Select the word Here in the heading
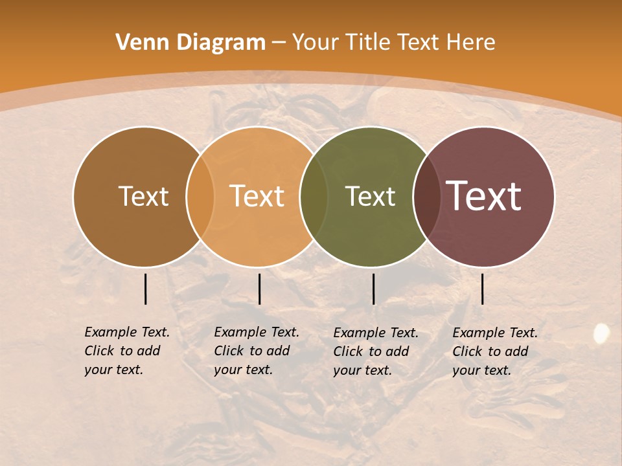click(472, 43)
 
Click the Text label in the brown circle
click(143, 196)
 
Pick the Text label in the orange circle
click(257, 196)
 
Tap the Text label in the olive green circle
click(370, 196)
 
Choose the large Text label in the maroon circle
click(483, 196)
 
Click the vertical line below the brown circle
click(146, 289)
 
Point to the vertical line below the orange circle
click(259, 289)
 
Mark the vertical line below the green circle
click(373, 289)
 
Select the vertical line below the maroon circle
click(482, 289)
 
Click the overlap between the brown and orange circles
click(200, 196)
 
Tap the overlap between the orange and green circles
click(314, 196)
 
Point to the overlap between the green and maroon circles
click(427, 196)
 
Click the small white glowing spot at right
click(601, 333)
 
